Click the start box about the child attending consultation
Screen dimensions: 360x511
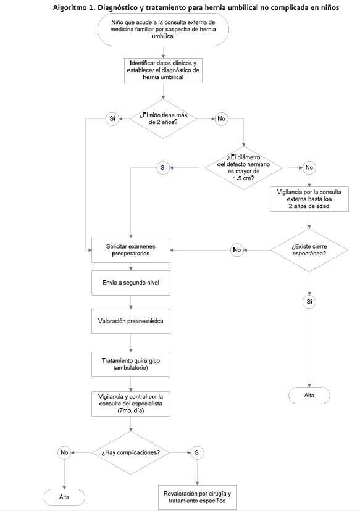pos(163,30)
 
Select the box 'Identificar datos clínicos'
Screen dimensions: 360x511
pos(163,70)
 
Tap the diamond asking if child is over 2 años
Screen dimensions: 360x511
pos(163,118)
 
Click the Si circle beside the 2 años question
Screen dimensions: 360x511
pos(112,118)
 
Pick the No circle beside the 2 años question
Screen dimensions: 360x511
pos(221,118)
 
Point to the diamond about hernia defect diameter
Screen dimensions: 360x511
pos(243,168)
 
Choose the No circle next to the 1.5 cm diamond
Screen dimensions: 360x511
pos(309,167)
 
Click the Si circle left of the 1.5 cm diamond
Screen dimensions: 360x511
pos(163,167)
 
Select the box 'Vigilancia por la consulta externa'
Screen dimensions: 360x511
pos(309,199)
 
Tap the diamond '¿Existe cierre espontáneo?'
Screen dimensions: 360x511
pos(309,251)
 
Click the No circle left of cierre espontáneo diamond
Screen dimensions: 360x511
pos(237,250)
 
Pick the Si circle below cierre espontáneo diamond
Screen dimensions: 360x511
pos(309,301)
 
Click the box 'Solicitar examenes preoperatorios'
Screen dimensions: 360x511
pos(131,250)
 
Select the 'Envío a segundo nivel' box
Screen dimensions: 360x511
pos(131,283)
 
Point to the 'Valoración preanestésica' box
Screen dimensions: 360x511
pos(131,321)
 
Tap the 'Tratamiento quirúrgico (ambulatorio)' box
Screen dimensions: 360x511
pos(131,364)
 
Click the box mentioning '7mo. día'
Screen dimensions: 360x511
pos(131,404)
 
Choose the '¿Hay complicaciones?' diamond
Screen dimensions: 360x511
pos(131,452)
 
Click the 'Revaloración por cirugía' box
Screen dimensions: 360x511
pos(197,497)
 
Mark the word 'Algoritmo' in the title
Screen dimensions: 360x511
pos(69,7)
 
